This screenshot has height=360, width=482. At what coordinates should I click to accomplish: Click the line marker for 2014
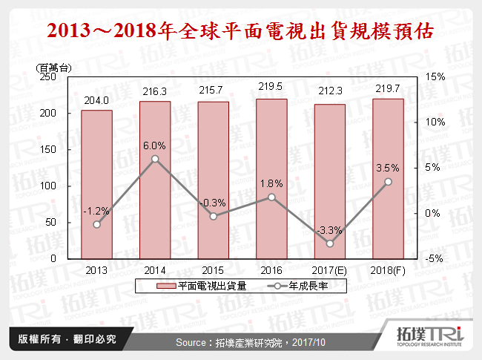coord(155,159)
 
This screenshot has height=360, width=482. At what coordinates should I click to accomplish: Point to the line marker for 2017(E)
coord(330,243)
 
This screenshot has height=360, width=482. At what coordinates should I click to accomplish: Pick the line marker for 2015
coord(213,216)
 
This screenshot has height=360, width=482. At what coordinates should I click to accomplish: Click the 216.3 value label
coord(155,90)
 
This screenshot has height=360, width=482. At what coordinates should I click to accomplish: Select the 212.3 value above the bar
coord(330,92)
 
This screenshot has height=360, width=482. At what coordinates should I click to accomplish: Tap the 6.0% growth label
coord(155,146)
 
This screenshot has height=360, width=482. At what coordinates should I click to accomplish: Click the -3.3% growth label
coord(330,230)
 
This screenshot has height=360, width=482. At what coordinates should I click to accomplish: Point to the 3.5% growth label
coord(388,168)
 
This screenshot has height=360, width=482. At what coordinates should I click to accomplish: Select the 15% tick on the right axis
coord(436,76)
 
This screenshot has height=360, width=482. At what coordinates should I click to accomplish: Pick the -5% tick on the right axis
coord(436,259)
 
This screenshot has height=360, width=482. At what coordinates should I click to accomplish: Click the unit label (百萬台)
coord(53,67)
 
